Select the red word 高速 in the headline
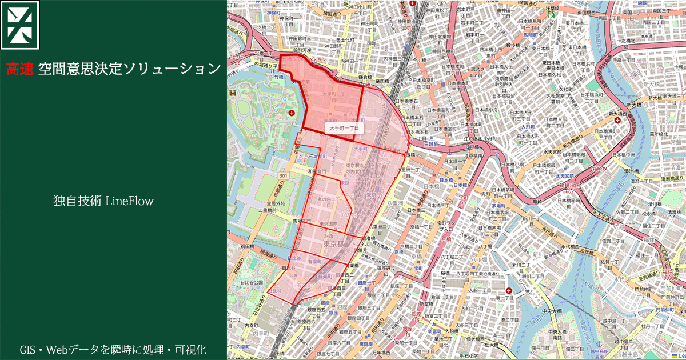pos(19,69)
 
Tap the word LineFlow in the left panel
pos(129,201)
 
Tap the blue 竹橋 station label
pos(278,76)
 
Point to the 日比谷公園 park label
pos(251,282)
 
